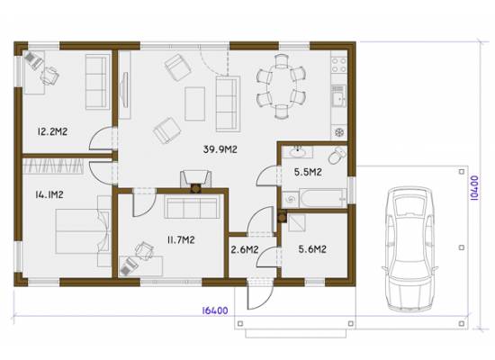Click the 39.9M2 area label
coord(220,149)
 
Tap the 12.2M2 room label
coord(52,131)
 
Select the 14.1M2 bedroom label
coord(49,194)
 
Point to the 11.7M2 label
coord(181,240)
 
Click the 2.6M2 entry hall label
coord(245,250)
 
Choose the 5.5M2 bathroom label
coord(308,172)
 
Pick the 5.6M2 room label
coord(312,249)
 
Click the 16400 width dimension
coord(215,310)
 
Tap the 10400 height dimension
coord(474,188)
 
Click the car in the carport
coord(410,248)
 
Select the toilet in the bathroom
coord(337,155)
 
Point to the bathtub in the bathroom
coord(322,199)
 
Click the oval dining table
coord(281,86)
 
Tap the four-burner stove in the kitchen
coord(339,65)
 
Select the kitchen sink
coord(338,95)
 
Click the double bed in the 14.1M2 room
coord(83,231)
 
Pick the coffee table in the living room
coord(194,103)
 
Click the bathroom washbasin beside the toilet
coord(297,152)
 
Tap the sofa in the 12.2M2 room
coord(97,82)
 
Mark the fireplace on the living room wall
coord(195,181)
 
